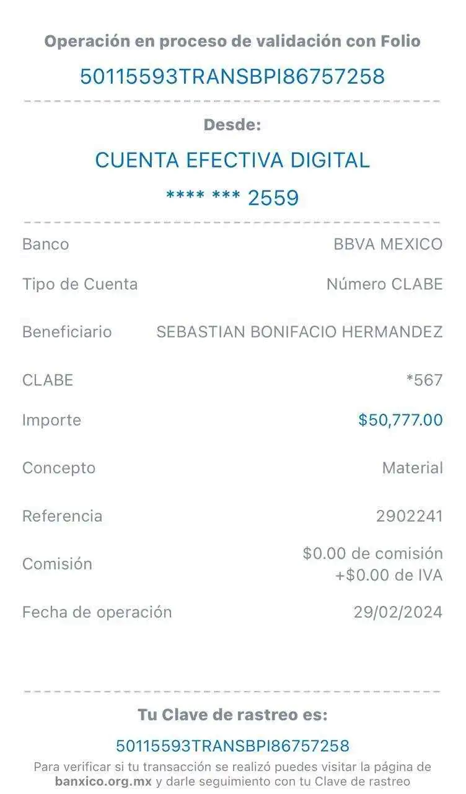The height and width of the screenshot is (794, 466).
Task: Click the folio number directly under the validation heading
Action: pos(232,76)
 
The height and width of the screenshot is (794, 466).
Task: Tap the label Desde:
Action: pos(233,125)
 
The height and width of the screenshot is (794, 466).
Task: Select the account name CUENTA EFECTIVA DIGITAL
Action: pos(232,160)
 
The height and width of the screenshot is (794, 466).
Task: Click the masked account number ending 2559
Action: pos(232,198)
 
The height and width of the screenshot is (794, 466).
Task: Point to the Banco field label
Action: pos(45,244)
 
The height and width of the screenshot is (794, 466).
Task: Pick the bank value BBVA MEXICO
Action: pos(388,244)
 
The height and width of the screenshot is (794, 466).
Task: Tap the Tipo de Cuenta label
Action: pos(80,284)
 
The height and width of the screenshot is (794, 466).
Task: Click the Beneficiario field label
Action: pos(67,332)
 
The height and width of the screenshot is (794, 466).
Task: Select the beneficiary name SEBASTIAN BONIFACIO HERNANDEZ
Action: pos(300,332)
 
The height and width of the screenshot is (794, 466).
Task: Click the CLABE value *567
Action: pos(424,380)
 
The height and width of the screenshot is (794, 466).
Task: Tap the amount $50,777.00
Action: pos(400,420)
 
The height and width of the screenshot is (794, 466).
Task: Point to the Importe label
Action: pos(51,420)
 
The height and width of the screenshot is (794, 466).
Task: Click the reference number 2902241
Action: pos(410,516)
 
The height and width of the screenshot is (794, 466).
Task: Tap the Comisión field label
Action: pos(57,564)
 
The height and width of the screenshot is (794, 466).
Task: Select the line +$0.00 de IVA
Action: pos(389,576)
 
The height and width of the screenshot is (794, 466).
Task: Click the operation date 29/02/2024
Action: pos(398,612)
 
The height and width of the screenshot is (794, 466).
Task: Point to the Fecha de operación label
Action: pos(97,612)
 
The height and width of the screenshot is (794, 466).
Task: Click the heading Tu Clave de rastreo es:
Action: pos(232,715)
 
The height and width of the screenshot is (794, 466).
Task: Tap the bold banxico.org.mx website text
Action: pos(103,782)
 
